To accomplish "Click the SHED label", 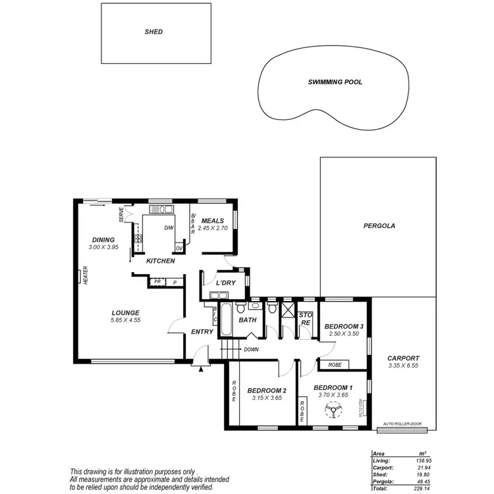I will tap(153, 32).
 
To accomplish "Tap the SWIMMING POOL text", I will tap(335, 83).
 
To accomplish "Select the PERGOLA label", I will tap(379, 225).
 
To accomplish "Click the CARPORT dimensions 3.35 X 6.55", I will tap(404, 366).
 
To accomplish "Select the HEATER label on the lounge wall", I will tap(86, 275).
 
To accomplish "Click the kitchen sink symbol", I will tap(161, 209).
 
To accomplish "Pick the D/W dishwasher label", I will tap(169, 229).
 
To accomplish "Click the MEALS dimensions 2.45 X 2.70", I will tap(213, 228).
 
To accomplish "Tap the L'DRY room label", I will tap(226, 283).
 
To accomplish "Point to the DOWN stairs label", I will tap(251, 350).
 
